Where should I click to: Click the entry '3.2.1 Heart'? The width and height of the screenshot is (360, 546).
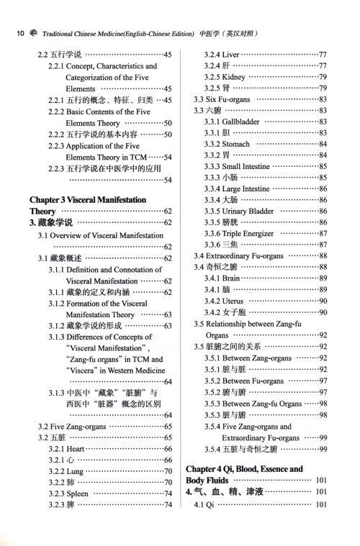click(71, 448)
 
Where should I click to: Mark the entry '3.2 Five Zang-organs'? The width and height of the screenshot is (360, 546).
click(68, 426)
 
